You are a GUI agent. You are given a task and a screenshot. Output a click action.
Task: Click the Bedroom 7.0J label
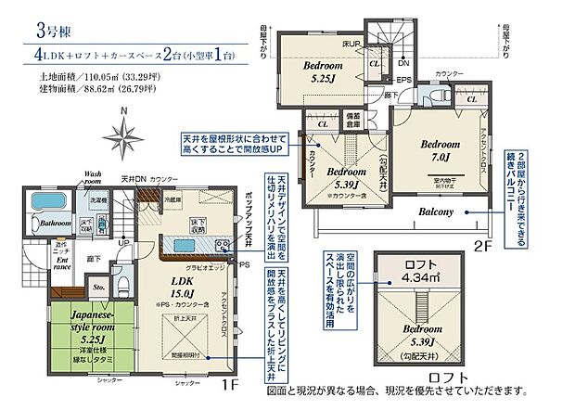(x=439, y=150)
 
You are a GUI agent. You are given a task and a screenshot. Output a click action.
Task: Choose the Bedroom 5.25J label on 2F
(x=309, y=73)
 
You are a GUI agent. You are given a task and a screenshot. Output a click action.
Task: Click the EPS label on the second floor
(x=405, y=81)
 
